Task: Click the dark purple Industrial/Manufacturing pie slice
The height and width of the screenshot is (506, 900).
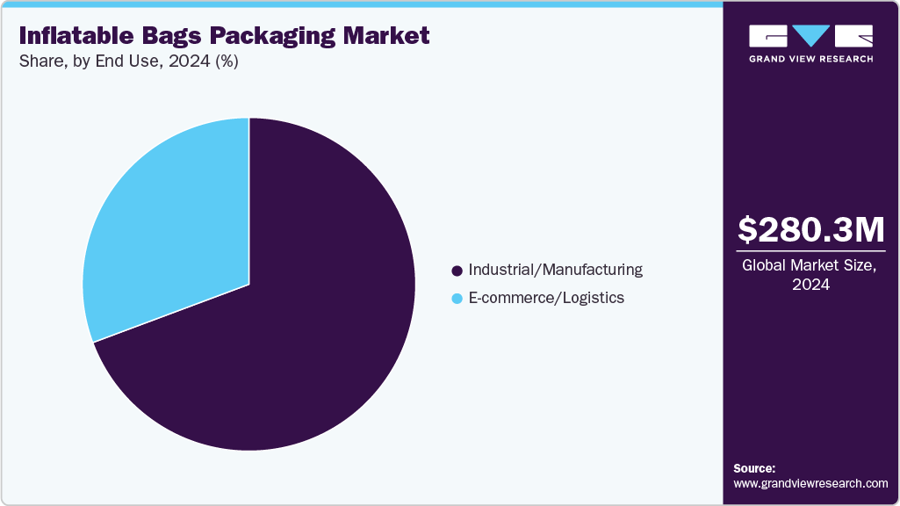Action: (x=290, y=343)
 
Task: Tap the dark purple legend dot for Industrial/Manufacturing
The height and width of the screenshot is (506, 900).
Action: (x=457, y=271)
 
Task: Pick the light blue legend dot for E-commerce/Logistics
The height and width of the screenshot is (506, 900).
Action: (x=457, y=299)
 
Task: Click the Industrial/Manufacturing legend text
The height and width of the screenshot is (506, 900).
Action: (x=555, y=270)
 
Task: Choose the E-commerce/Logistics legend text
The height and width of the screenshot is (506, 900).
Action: (x=546, y=298)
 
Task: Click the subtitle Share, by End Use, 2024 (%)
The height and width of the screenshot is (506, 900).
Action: (x=128, y=61)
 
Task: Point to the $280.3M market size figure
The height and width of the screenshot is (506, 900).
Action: (x=810, y=229)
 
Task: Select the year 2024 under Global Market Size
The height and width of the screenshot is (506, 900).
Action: (x=810, y=286)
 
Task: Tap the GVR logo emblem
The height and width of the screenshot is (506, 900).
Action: (x=810, y=37)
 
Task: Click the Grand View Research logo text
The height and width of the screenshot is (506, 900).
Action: (x=810, y=59)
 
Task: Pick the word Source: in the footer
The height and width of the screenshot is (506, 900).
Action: (x=754, y=468)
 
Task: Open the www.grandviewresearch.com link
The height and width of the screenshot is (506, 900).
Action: (x=810, y=483)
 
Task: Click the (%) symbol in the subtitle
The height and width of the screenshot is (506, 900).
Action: (x=227, y=61)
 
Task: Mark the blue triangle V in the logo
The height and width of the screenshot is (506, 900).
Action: (x=810, y=36)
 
